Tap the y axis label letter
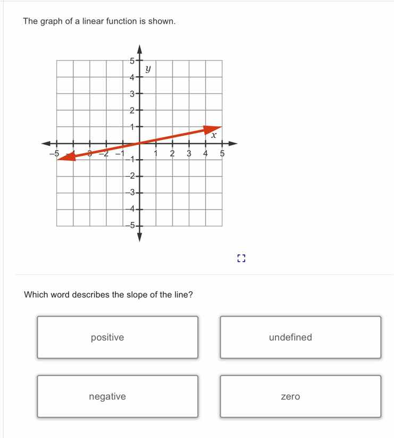tap(149, 69)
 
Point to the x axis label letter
tap(213, 136)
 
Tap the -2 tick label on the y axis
tap(131, 176)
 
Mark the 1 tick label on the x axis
tap(156, 154)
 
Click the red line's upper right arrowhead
tap(214, 128)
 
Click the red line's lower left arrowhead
tap(64, 157)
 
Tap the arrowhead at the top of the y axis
tap(139, 49)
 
